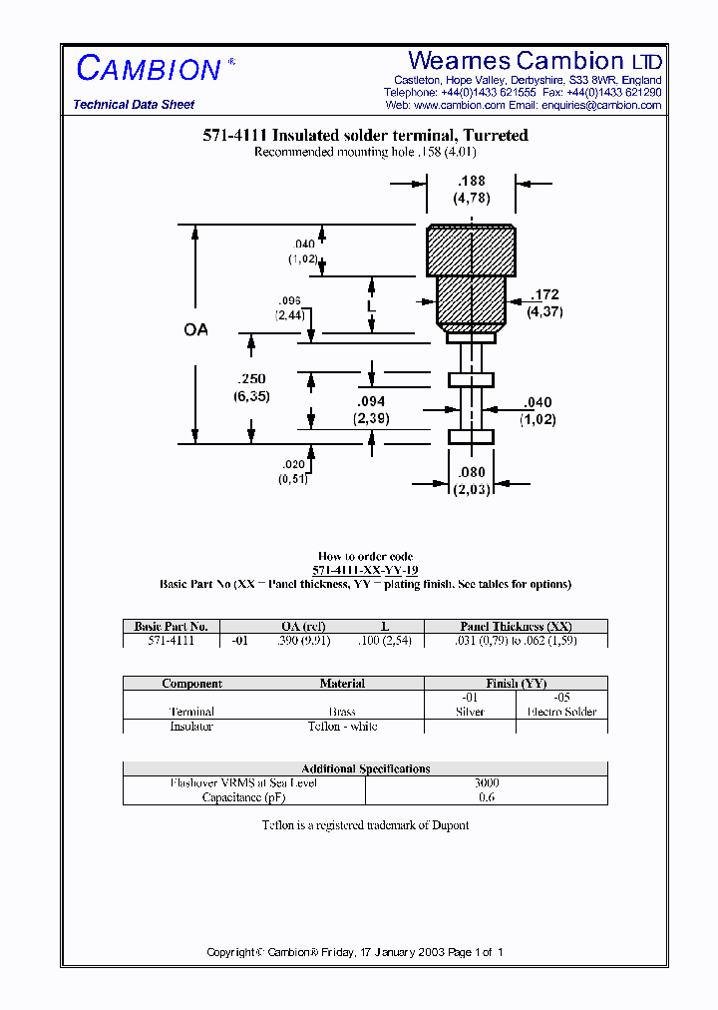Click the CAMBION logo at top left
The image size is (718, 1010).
(149, 69)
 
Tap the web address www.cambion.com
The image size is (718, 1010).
(459, 105)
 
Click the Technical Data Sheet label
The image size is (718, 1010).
(134, 105)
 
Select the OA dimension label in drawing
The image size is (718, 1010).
(196, 329)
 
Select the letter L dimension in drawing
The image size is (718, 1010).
(371, 308)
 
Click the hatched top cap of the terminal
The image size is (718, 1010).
(472, 251)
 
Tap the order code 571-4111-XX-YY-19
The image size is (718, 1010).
(365, 570)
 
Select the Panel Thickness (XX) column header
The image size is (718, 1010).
(516, 627)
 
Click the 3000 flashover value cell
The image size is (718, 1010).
(487, 783)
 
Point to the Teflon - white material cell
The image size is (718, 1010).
(342, 727)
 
